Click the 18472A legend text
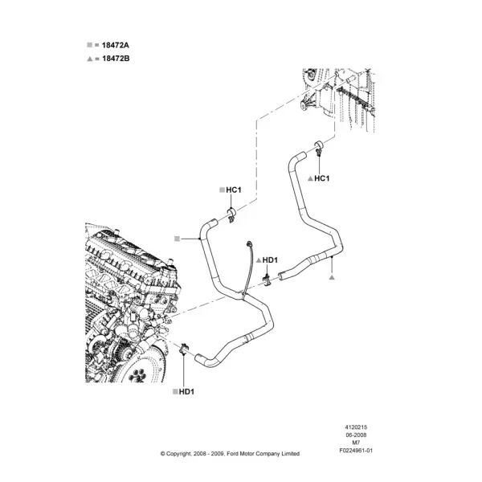(115, 45)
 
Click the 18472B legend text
(116, 59)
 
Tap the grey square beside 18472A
(89, 45)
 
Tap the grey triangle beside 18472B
(90, 59)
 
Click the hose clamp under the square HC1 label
(231, 214)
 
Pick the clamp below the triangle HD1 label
(267, 280)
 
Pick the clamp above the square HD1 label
(184, 349)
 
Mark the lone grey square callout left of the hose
(177, 239)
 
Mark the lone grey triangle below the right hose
(331, 278)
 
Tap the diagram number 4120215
(356, 427)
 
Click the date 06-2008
(356, 435)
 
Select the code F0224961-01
(356, 451)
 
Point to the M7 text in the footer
(356, 443)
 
